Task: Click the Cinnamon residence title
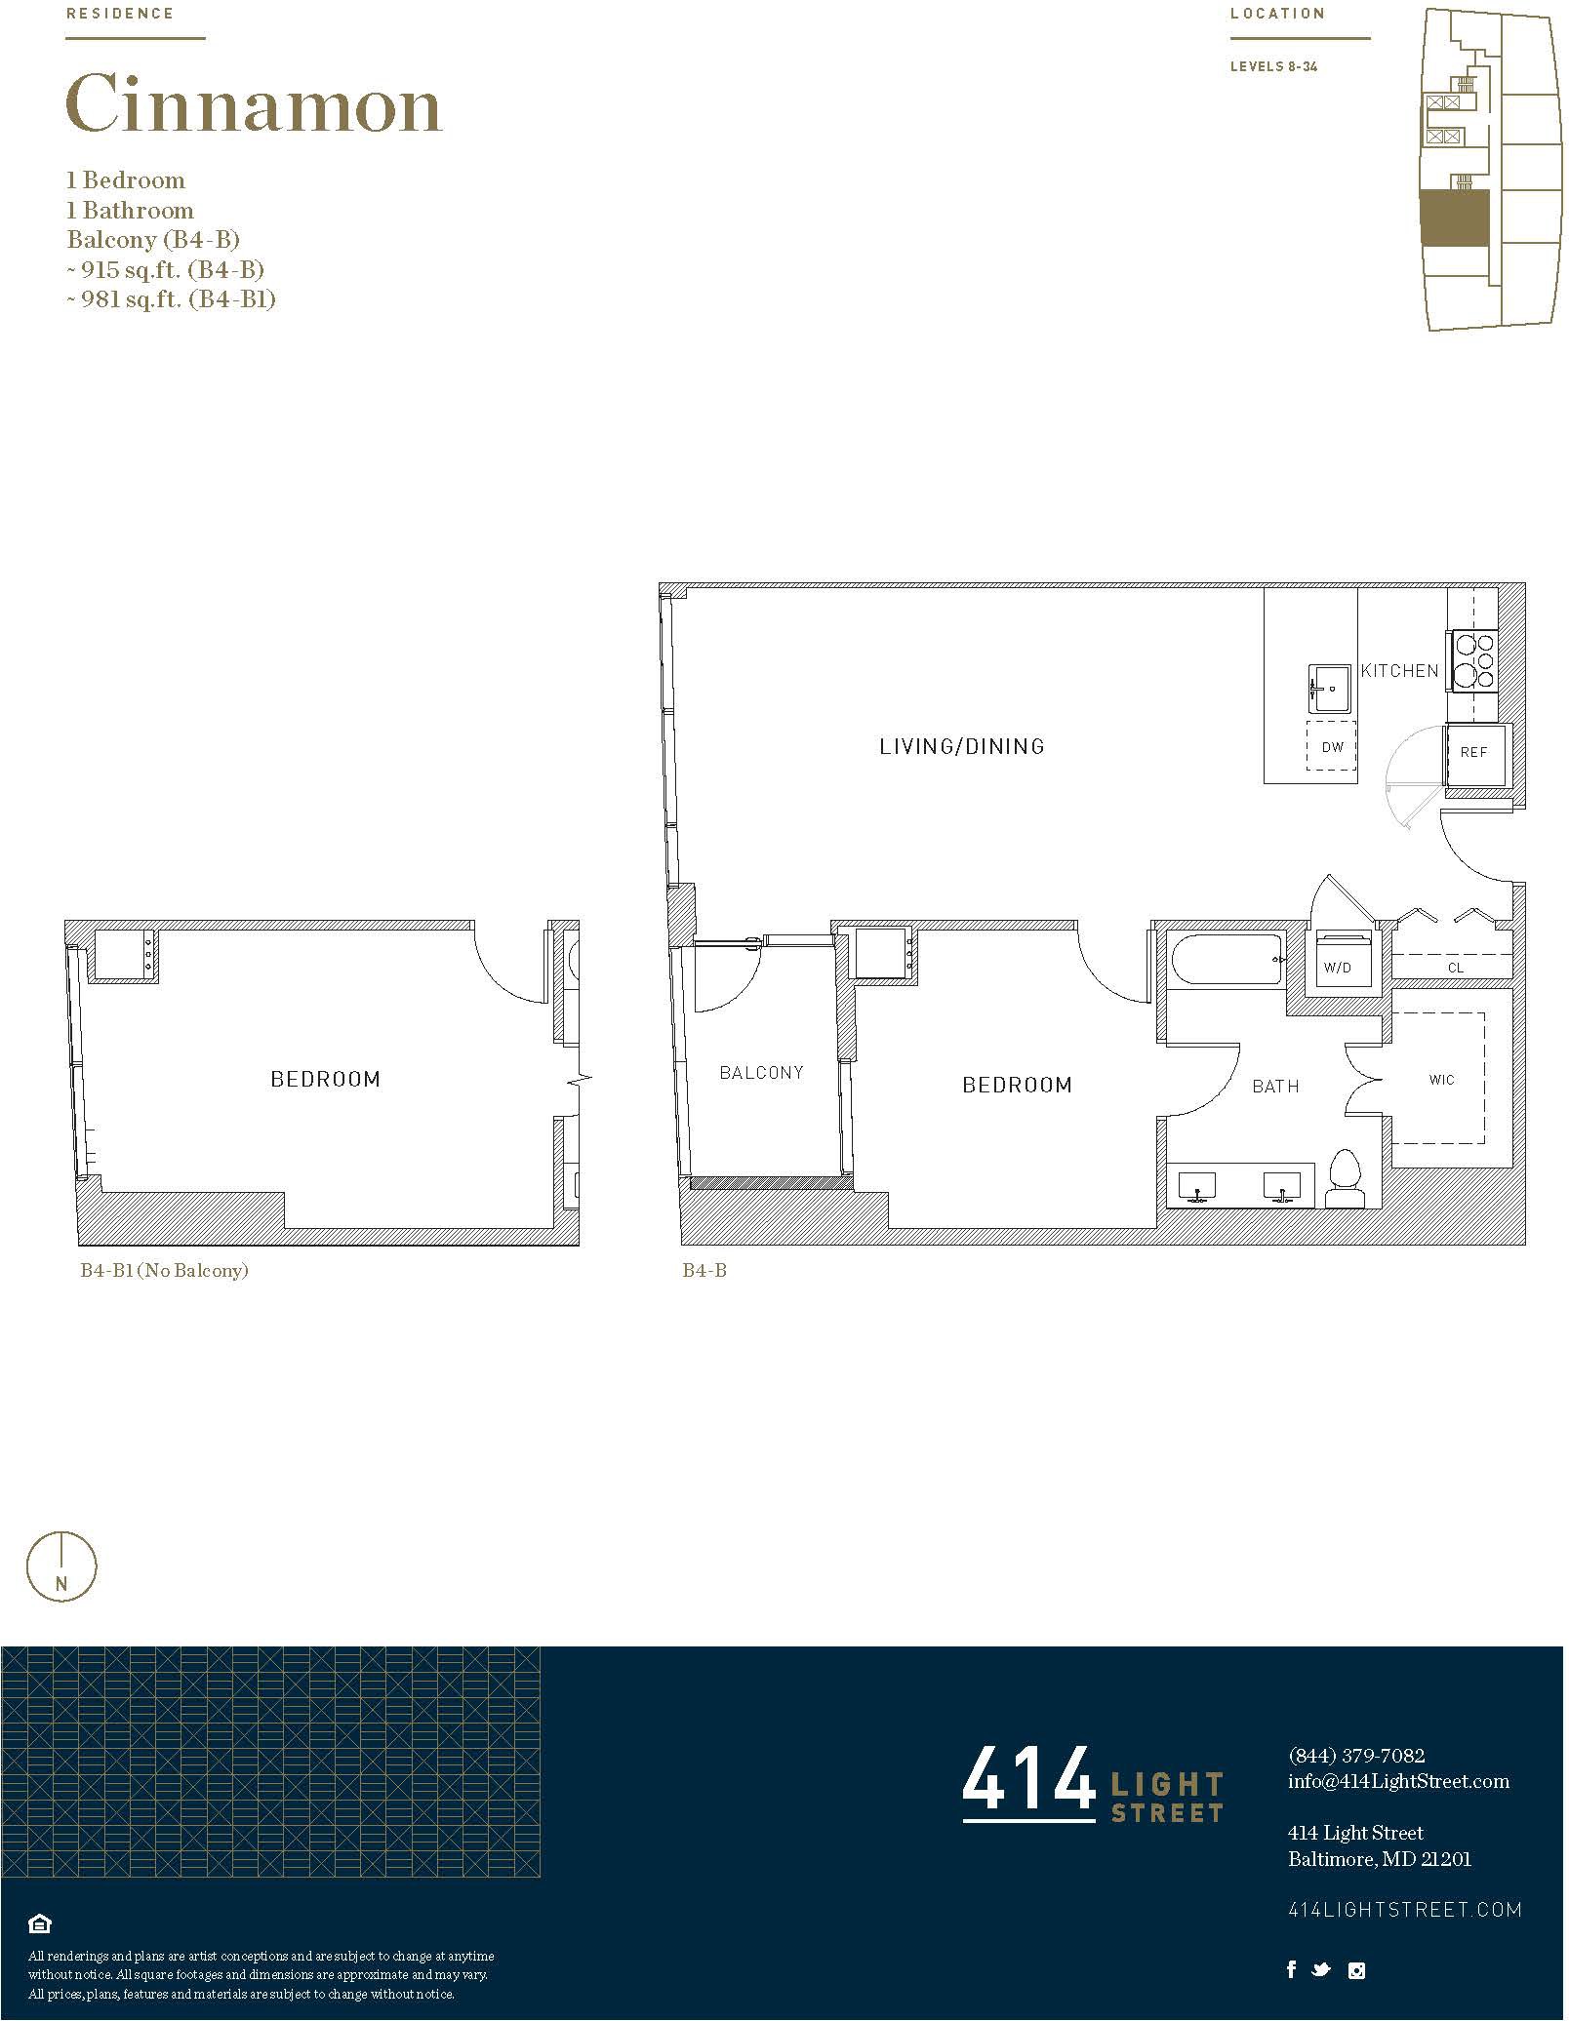[254, 105]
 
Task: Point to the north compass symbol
[61, 1567]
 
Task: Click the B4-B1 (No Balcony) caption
[165, 1272]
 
